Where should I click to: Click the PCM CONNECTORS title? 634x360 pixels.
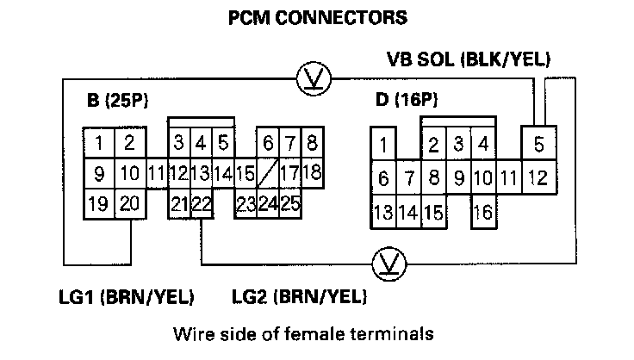pyautogui.click(x=316, y=17)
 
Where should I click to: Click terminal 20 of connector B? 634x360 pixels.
pyautogui.click(x=129, y=204)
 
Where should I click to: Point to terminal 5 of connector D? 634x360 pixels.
pyautogui.click(x=538, y=145)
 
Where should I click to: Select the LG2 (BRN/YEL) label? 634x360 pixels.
pyautogui.click(x=300, y=298)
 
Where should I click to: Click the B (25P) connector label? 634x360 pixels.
pyautogui.click(x=119, y=101)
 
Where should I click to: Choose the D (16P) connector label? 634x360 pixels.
pyautogui.click(x=406, y=101)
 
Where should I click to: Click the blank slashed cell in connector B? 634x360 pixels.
pyautogui.click(x=267, y=172)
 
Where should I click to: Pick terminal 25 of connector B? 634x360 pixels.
pyautogui.click(x=289, y=204)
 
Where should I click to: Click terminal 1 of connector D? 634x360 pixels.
pyautogui.click(x=383, y=144)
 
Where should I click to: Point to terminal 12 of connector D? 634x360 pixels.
pyautogui.click(x=538, y=179)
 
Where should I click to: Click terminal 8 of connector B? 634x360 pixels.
pyautogui.click(x=311, y=141)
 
